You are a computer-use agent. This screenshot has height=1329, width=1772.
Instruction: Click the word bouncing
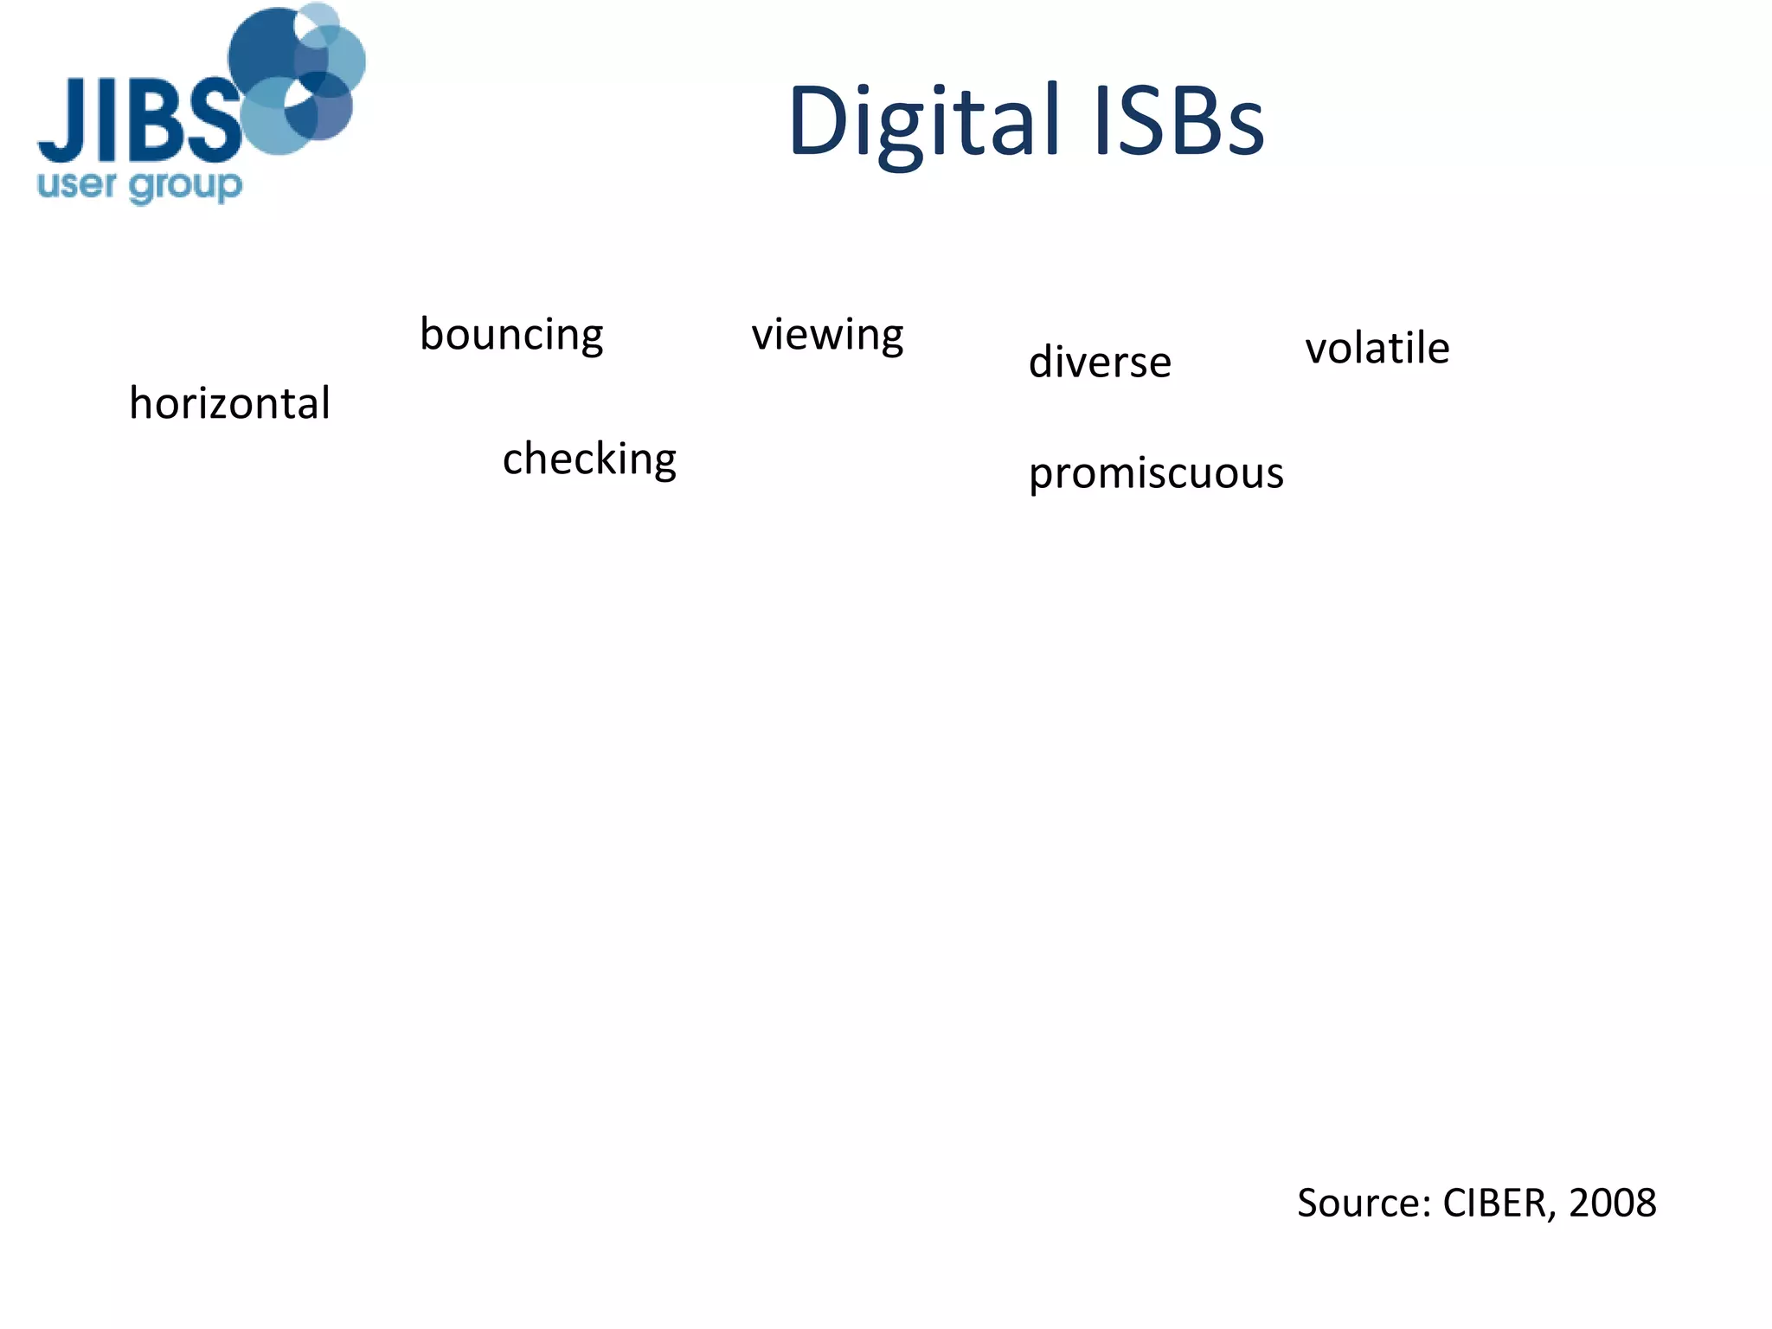510,335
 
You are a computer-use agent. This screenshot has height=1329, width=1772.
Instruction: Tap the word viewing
827,335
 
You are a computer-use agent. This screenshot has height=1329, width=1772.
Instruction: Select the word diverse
1099,362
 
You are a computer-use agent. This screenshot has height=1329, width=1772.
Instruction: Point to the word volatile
1377,348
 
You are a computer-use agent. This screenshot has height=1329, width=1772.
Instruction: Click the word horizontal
229,403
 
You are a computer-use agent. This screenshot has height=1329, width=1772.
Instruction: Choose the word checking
589,459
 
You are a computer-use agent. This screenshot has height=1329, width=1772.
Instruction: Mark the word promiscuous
1156,473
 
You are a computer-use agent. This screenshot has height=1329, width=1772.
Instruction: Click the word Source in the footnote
1363,1203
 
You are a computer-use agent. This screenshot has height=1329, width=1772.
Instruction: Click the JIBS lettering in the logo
138,121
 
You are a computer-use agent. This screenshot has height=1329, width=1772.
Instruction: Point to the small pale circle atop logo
317,22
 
